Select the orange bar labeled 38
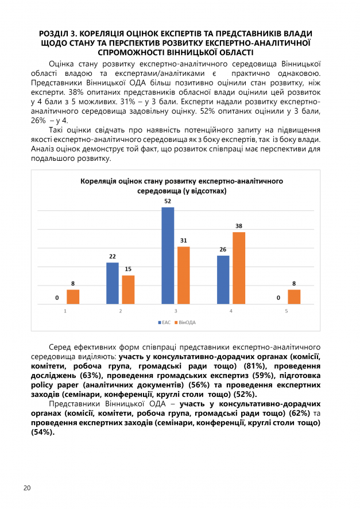pyautogui.click(x=239, y=268)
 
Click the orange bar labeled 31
pyautogui.click(x=184, y=275)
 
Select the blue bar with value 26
pyautogui.click(x=223, y=280)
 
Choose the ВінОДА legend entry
pyautogui.click(x=186, y=323)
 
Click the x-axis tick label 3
pyautogui.click(x=176, y=311)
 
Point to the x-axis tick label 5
pyautogui.click(x=286, y=311)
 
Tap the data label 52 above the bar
pyautogui.click(x=168, y=202)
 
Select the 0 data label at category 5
pyautogui.click(x=278, y=298)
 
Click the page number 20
pyautogui.click(x=27, y=488)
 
